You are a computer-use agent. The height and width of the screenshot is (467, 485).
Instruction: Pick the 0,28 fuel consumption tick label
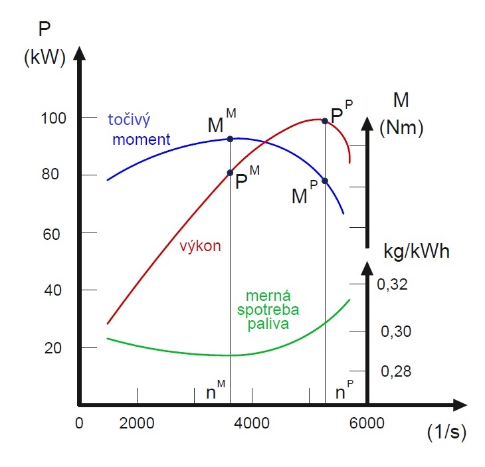(x=393, y=371)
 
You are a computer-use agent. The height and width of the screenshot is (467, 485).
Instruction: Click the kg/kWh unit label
(x=417, y=252)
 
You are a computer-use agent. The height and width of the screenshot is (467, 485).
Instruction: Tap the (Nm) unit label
(x=401, y=128)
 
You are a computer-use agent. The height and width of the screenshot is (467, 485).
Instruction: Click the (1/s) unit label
(x=446, y=432)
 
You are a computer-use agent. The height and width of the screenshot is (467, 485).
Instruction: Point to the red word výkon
(x=200, y=246)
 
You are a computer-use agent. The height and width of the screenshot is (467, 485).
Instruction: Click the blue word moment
(x=142, y=140)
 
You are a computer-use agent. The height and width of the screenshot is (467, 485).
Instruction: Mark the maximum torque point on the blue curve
(x=230, y=139)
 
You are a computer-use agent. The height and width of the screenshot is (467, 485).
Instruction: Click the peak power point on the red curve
(x=325, y=121)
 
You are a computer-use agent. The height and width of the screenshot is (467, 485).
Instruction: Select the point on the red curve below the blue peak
(x=230, y=173)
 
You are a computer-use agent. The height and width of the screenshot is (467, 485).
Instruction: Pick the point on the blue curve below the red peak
(x=325, y=181)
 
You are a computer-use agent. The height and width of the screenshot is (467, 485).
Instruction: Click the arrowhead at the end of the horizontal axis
(x=458, y=404)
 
